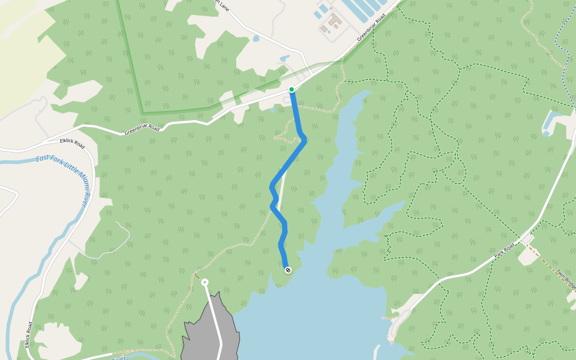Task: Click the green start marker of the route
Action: (x=292, y=90)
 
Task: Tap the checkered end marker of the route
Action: (x=288, y=270)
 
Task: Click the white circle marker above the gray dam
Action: (x=205, y=282)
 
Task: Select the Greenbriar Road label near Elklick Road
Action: (x=142, y=130)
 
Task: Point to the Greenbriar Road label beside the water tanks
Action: (x=370, y=29)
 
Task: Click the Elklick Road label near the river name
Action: (x=72, y=143)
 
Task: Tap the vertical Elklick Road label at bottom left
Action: (x=29, y=335)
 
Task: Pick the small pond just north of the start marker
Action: (x=284, y=59)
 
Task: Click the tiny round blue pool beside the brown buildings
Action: (x=329, y=32)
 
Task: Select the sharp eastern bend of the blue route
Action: (x=304, y=139)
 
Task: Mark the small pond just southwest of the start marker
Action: (x=273, y=109)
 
